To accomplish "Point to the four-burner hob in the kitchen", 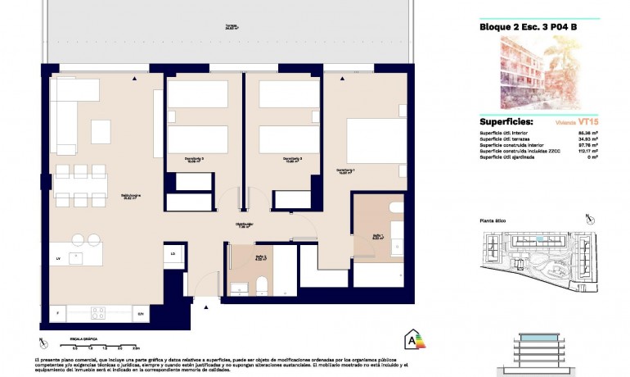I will pyautogui.click(x=99, y=312).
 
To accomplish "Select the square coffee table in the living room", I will pyautogui.click(x=101, y=131).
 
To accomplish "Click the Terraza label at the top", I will pyautogui.click(x=232, y=26).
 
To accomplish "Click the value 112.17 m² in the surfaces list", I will pyautogui.click(x=588, y=151).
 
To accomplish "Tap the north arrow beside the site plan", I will pyautogui.click(x=588, y=217).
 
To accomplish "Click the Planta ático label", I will pyautogui.click(x=496, y=221).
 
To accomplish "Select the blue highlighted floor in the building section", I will pyautogui.click(x=540, y=338).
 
